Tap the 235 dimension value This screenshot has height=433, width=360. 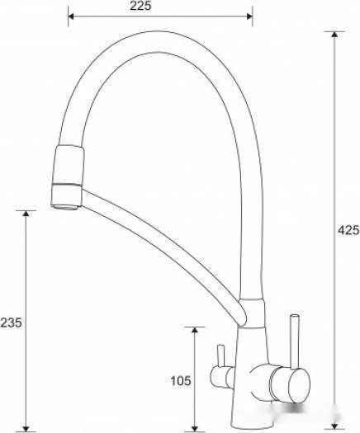(11, 322)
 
